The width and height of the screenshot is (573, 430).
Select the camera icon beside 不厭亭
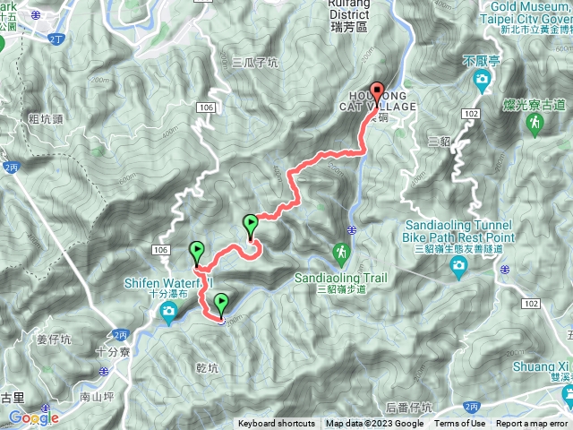tap(482, 82)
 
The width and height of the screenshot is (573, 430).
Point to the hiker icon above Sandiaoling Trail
tap(341, 254)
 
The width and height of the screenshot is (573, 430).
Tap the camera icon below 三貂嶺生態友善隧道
tap(459, 265)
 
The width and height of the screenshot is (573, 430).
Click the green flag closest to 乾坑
tap(221, 305)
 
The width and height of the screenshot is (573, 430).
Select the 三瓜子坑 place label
tap(255, 63)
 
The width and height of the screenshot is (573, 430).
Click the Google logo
tap(34, 417)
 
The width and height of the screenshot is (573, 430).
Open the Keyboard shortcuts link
tap(276, 424)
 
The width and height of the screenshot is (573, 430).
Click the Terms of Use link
tap(459, 424)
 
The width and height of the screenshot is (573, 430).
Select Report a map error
tap(532, 424)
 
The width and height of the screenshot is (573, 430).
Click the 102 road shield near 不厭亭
tap(471, 115)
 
